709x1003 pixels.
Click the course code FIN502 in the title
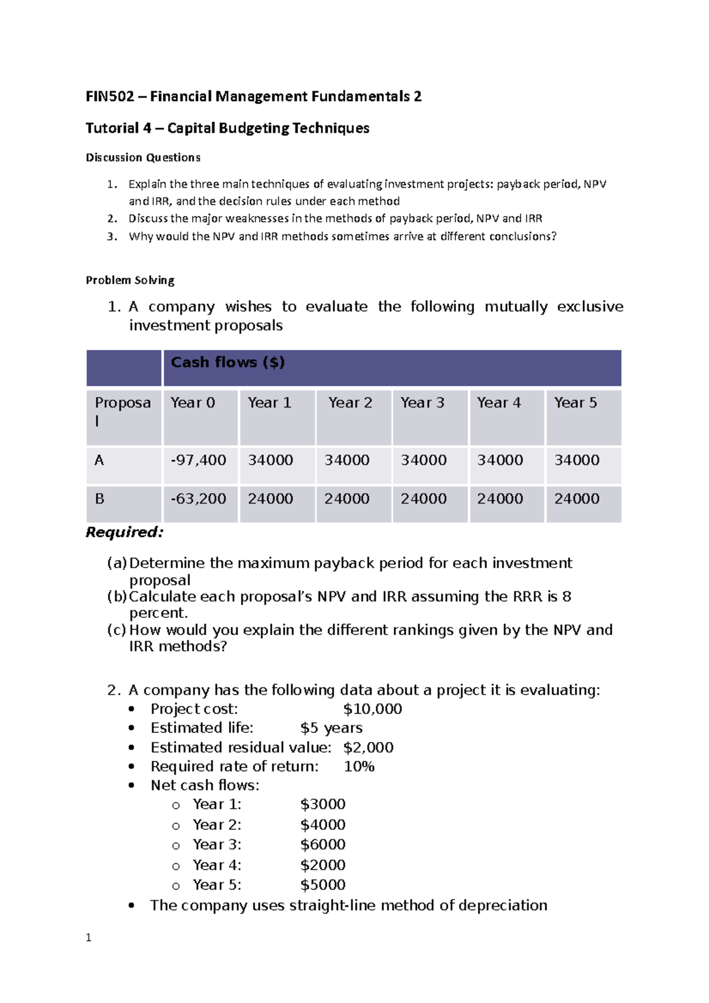click(x=110, y=97)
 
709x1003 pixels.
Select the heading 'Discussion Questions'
click(x=143, y=158)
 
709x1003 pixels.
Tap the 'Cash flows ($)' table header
click(x=227, y=363)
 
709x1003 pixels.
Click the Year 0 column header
click(x=193, y=403)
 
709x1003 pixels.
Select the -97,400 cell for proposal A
click(x=199, y=460)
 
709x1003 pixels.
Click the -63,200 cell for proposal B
click(x=199, y=499)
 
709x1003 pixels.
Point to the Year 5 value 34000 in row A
click(x=577, y=460)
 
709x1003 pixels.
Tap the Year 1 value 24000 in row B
click(x=270, y=499)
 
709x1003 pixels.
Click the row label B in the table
click(x=99, y=499)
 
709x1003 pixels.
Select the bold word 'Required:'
click(x=124, y=532)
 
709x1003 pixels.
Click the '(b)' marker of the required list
click(x=117, y=597)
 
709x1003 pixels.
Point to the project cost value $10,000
click(x=372, y=709)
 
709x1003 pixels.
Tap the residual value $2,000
click(x=368, y=748)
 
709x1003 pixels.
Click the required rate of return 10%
click(x=359, y=767)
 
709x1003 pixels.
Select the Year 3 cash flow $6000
click(x=323, y=845)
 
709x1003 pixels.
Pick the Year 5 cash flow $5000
click(x=323, y=885)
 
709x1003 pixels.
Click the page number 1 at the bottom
click(x=89, y=938)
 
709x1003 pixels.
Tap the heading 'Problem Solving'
click(x=130, y=281)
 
